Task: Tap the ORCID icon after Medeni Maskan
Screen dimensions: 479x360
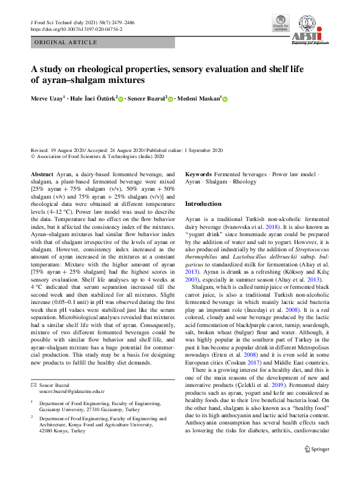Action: [225, 98]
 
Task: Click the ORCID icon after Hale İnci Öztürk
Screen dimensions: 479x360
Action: [121, 98]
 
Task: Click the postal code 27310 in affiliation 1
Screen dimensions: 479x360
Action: [99, 409]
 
